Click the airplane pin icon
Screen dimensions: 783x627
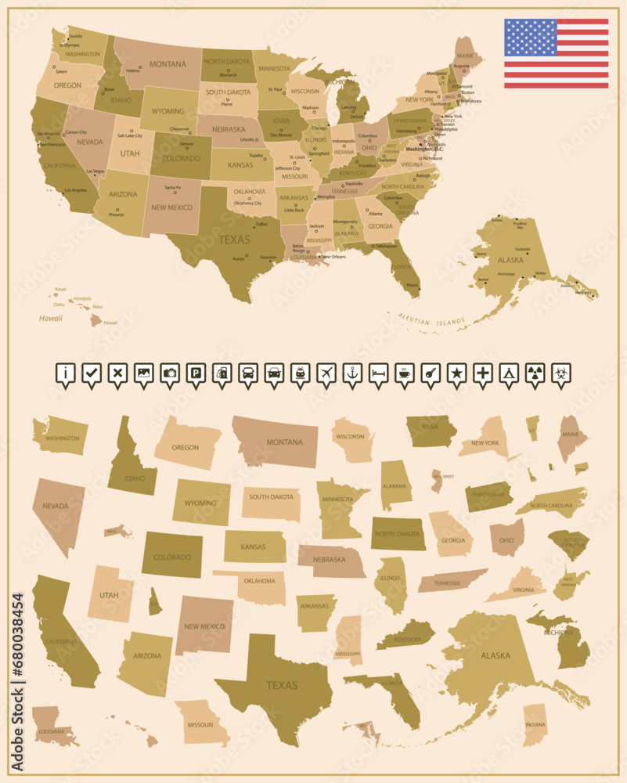coord(326,373)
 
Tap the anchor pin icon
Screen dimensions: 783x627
coord(352,373)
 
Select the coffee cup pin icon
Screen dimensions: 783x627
coord(405,373)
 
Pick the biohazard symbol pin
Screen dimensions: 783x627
coord(561,373)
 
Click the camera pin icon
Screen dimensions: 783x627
coord(170,373)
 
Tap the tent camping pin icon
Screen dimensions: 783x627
coord(509,373)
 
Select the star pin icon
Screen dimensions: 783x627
coord(456,373)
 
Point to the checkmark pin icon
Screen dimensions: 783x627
coord(92,373)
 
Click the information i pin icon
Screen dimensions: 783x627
coord(66,373)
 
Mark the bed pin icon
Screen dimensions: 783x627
coord(378,373)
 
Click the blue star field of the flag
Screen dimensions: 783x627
coord(530,37)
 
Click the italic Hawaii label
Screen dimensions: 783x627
coord(51,318)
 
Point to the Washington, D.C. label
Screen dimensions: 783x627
coord(423,149)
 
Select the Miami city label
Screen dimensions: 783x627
coord(412,285)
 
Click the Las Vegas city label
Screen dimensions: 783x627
coord(95,171)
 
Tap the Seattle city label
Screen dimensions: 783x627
coord(75,36)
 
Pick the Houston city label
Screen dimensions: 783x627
coord(268,258)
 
